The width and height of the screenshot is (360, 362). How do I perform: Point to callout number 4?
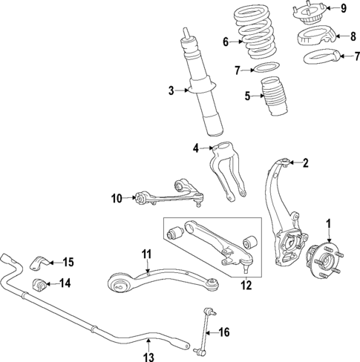pyautogui.click(x=197, y=148)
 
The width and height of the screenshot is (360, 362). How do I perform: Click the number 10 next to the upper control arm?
pyautogui.click(x=117, y=197)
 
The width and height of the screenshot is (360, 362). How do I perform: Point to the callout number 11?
pyautogui.click(x=147, y=254)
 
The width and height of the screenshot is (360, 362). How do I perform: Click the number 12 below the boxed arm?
pyautogui.click(x=246, y=284)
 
